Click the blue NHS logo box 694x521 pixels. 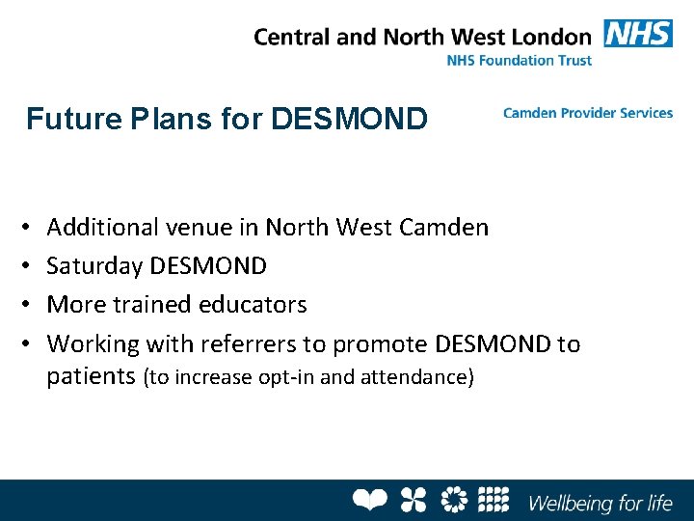coord(638,34)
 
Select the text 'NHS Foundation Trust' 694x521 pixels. coord(520,60)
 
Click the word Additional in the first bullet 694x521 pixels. coord(102,228)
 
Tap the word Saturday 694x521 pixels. coord(94,265)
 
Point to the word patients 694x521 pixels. coord(91,376)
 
